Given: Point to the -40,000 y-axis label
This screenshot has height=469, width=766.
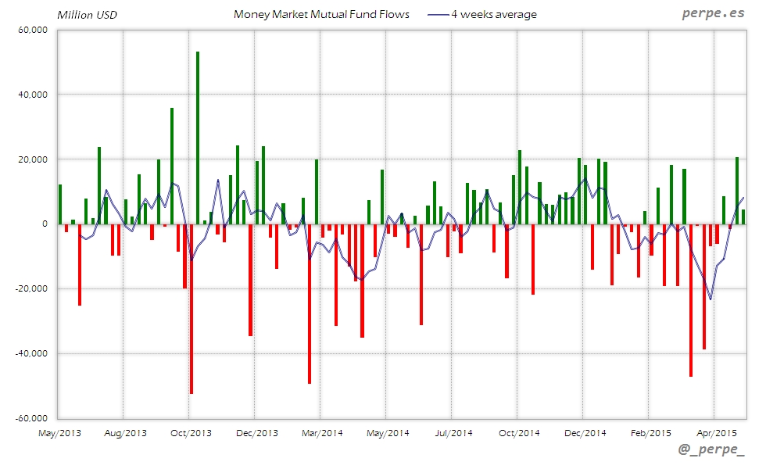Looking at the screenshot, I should click(31, 353).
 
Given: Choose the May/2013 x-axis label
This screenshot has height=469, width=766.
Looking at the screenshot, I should click(59, 432).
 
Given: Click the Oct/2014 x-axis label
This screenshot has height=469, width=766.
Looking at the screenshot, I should click(519, 432).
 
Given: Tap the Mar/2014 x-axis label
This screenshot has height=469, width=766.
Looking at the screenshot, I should click(322, 432).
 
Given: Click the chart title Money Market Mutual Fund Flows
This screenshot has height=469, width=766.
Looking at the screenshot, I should click(321, 14).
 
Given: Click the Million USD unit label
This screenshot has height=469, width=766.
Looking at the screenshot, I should click(87, 14).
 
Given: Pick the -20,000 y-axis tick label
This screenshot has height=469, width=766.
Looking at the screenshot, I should click(31, 289).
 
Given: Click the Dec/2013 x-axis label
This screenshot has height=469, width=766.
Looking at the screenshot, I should click(256, 432).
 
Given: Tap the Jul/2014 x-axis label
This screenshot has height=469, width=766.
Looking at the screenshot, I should click(453, 432).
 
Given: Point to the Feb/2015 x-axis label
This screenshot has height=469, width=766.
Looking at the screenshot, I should click(650, 432).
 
